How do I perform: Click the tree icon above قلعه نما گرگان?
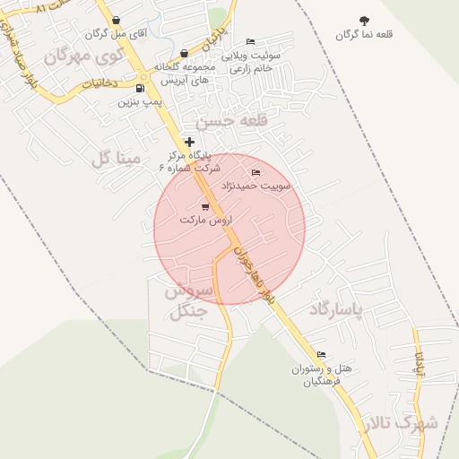364,21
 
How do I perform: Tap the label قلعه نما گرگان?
365,35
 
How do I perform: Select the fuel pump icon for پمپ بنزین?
139,88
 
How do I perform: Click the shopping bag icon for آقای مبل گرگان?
117,20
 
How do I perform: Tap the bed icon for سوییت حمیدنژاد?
256,172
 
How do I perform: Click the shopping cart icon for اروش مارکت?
205,207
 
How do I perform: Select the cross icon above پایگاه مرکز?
189,142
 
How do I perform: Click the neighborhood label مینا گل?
117,159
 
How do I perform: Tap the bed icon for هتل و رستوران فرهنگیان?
322,355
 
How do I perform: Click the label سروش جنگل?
188,301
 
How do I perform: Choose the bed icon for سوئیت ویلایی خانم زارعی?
250,41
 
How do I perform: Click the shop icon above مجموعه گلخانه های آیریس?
185,54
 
